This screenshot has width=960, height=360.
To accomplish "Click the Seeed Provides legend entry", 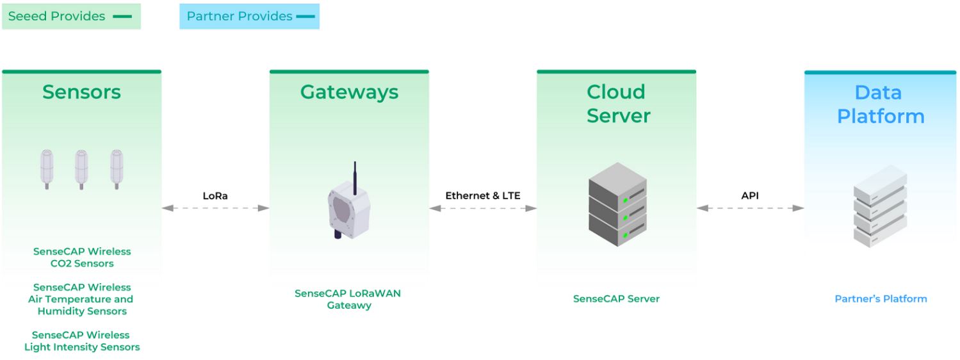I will [70, 17].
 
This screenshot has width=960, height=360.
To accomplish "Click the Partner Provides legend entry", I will [250, 17].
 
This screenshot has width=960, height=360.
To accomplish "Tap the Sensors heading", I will [81, 92].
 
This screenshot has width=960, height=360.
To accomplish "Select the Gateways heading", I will [349, 92].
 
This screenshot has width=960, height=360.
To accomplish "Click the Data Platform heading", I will [881, 104].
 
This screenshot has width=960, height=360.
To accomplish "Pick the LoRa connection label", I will [215, 196].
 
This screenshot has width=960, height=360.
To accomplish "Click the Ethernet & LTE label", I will [483, 196].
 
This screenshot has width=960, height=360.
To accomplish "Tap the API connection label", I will [750, 196].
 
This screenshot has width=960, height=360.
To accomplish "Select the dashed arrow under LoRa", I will [215, 208].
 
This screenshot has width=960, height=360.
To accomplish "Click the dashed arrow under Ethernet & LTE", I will [483, 208].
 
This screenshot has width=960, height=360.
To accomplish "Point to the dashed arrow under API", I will [750, 208].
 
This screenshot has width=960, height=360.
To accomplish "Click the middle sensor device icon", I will [81, 168].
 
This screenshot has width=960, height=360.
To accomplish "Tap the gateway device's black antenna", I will [354, 176].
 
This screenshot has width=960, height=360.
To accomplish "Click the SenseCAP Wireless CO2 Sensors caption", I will [82, 258].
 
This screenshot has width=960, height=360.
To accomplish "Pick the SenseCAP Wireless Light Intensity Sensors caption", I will [82, 341].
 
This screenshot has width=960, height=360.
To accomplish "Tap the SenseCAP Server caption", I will [616, 299].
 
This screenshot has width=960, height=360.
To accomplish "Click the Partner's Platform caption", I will [881, 299].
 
